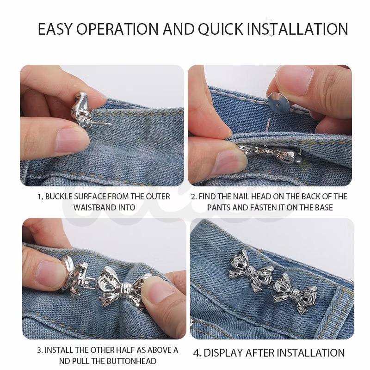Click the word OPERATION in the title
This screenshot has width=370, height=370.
(117, 29)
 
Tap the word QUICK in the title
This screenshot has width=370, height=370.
(221, 29)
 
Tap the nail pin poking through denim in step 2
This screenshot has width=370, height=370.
(268, 125)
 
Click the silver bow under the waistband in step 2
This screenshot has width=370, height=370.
(269, 153)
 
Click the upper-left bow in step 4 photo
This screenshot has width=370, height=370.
(251, 270)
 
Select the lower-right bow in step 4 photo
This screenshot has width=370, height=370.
(295, 293)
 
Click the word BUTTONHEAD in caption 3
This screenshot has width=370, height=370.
(131, 361)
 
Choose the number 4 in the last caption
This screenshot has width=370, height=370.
(196, 353)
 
